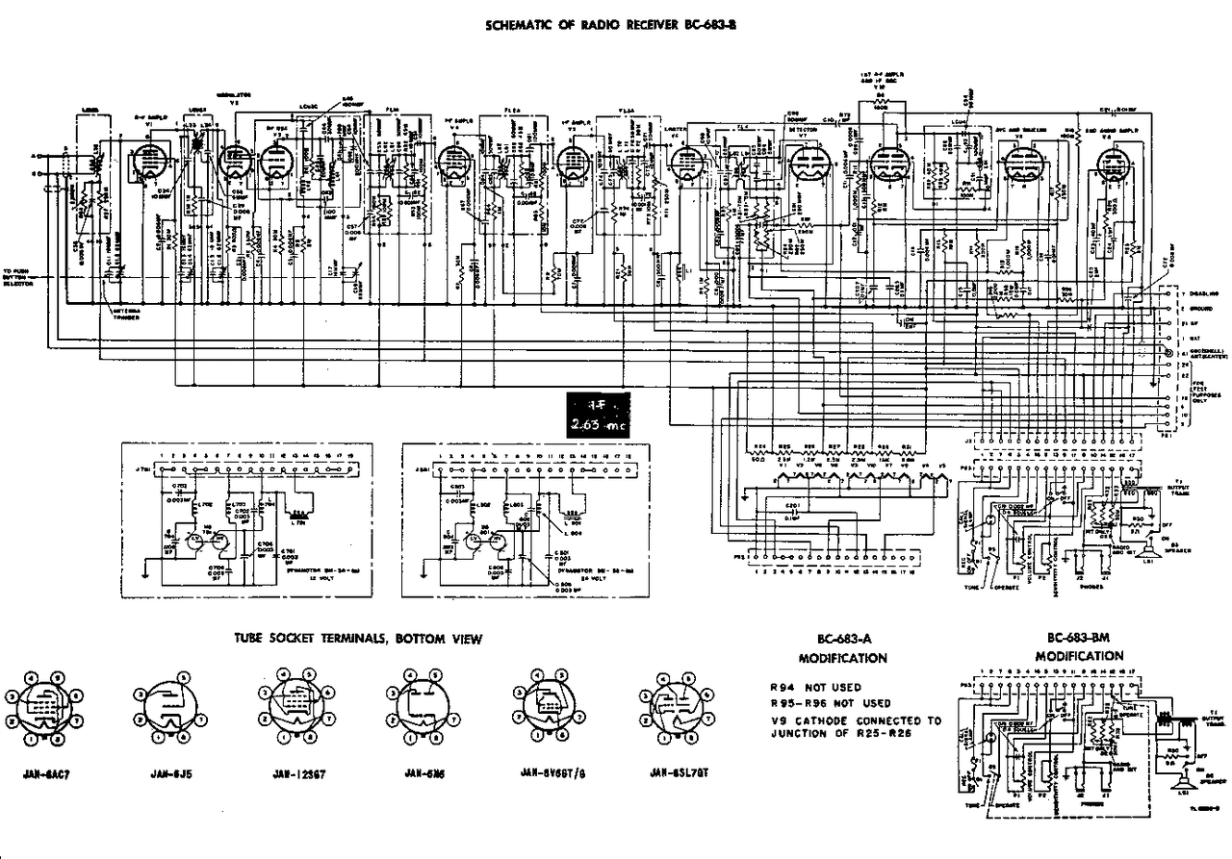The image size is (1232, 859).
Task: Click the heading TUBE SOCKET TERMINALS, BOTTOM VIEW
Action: (359, 639)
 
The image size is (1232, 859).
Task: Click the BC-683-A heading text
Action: (843, 640)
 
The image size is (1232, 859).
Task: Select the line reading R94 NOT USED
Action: (815, 689)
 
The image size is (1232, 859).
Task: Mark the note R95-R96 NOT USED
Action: (830, 703)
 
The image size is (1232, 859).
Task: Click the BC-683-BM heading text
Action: (1079, 639)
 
